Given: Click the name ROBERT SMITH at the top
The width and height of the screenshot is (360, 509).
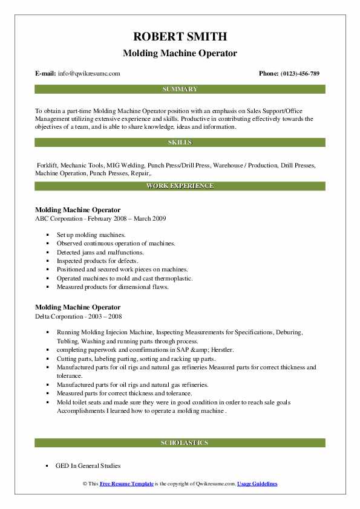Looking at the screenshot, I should coord(180,36).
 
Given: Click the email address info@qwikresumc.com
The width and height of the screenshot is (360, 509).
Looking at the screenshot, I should coord(89,74).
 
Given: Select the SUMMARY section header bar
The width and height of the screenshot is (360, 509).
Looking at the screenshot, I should coord(180,89).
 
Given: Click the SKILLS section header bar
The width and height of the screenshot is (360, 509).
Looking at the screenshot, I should coord(180,143).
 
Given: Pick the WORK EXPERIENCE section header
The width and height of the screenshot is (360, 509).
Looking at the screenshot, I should coord(180,186).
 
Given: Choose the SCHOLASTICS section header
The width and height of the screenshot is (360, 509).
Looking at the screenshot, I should coord(180,443).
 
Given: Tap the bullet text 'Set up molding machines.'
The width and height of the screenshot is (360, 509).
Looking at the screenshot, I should coord(91,234).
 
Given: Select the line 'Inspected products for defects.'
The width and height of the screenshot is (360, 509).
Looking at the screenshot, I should coord(97,261).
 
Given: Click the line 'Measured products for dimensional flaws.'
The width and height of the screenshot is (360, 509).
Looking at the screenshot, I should coord(113,287).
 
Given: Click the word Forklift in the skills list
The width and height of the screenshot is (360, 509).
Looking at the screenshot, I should coord(48,164).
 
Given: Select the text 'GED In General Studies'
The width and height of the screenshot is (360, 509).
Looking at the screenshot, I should coord(88,466).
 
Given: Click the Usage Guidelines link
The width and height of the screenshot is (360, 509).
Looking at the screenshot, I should coord(257,484).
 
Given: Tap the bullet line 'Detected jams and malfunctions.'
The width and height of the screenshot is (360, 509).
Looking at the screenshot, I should coord(100,252).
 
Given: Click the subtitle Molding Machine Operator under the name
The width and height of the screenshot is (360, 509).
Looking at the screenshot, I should coord(180,53).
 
